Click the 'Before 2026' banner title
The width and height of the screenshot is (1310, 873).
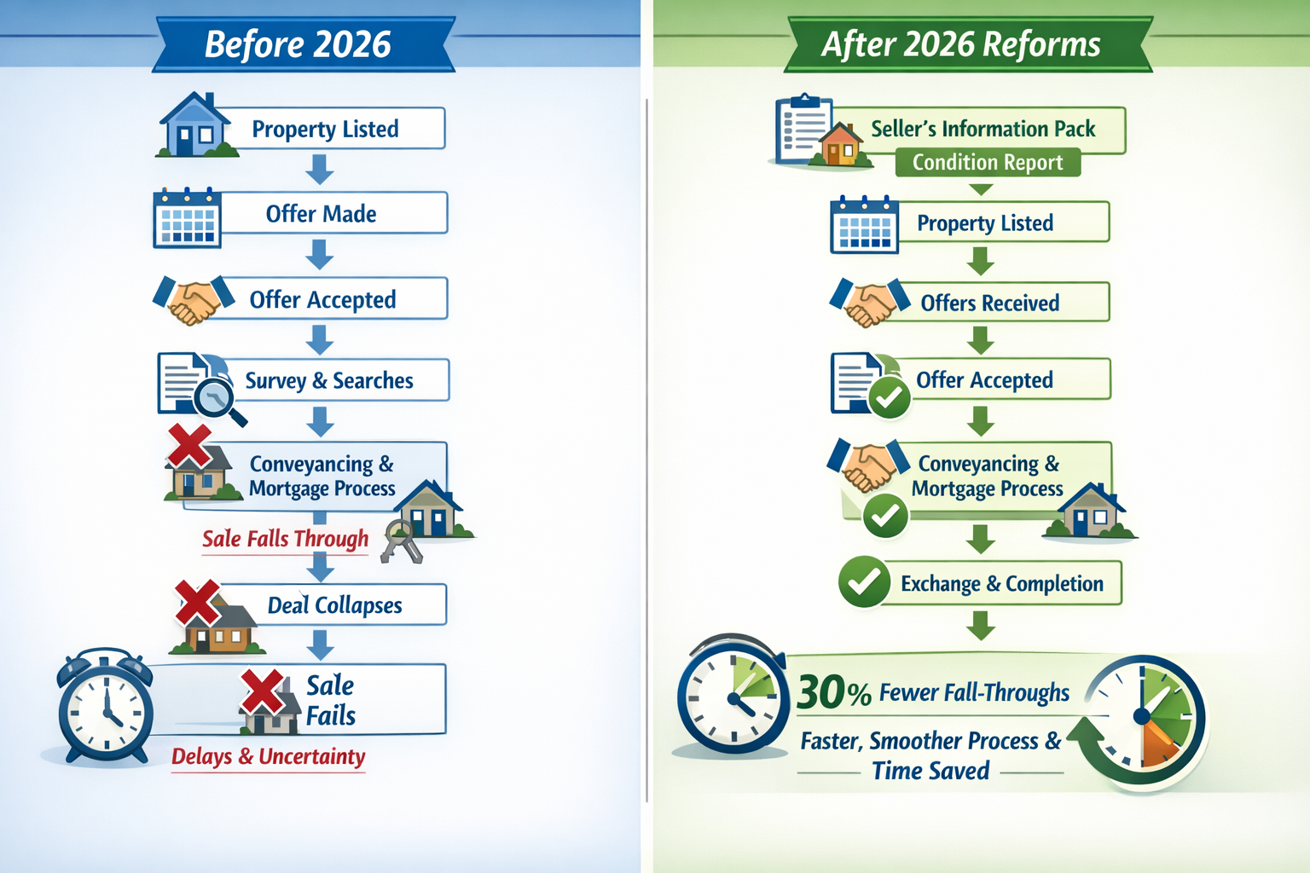(x=298, y=44)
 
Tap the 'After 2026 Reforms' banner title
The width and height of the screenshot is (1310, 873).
(x=961, y=44)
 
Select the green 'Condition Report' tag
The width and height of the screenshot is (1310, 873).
(x=988, y=162)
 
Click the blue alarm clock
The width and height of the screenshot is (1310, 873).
(x=106, y=707)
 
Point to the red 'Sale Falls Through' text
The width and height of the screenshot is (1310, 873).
(x=285, y=539)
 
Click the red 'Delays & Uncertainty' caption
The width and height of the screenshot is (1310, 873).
(x=268, y=756)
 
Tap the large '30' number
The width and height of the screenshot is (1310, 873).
(x=821, y=692)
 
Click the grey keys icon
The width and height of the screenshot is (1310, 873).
(x=400, y=541)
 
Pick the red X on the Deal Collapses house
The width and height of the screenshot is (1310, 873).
(x=197, y=602)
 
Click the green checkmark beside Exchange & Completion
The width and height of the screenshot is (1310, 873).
(x=864, y=582)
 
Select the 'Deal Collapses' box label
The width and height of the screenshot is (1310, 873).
(x=334, y=605)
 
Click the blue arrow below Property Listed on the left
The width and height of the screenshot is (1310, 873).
(x=320, y=169)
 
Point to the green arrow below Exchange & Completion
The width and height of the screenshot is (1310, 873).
(x=981, y=625)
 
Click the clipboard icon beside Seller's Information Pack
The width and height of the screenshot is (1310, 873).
(x=802, y=130)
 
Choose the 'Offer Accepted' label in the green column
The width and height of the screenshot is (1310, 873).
(x=984, y=379)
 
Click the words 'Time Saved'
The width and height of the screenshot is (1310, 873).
(x=930, y=771)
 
